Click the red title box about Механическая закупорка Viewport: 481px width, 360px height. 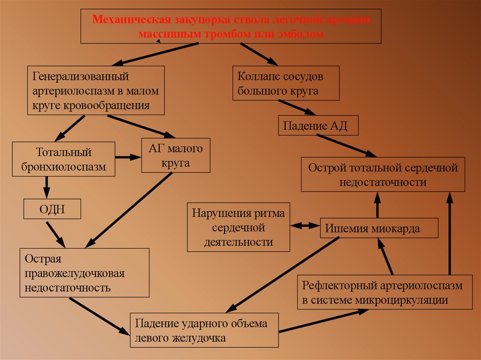231,26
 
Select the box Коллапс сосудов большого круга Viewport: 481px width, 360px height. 286,83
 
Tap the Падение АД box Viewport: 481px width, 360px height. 318,126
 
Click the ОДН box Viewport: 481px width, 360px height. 52,209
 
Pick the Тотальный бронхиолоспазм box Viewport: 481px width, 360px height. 63,159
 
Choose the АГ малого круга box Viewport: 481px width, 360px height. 175,156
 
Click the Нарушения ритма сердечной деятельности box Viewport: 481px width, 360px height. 239,227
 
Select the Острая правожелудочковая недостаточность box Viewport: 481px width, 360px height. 85,273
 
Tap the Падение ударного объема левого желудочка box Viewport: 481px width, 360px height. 204,330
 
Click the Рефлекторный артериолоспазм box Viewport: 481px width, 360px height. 385,292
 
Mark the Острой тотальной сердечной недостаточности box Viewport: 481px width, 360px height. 383,175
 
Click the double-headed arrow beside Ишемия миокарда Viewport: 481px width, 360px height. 305,226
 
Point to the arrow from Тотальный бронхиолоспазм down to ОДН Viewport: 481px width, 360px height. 47,188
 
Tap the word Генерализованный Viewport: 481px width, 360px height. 80,76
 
